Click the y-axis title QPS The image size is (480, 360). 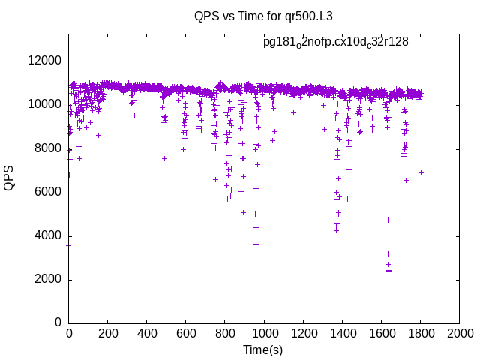(x=10, y=178)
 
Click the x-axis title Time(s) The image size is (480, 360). (x=263, y=349)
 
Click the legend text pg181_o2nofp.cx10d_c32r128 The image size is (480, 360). (x=335, y=42)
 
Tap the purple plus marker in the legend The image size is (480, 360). (x=430, y=43)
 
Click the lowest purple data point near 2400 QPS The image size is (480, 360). (x=388, y=271)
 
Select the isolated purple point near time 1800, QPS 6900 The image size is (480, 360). (x=421, y=172)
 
